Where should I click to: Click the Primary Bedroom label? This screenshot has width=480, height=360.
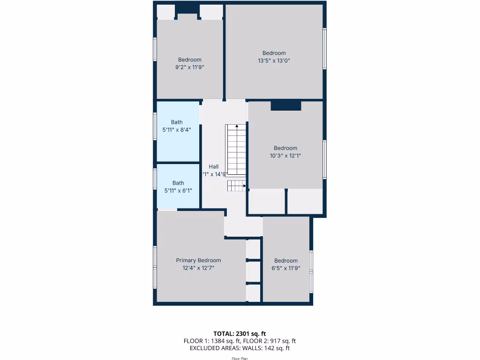[198, 261]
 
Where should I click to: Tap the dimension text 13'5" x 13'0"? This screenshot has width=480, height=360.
[274, 60]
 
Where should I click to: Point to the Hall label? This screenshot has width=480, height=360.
[214, 166]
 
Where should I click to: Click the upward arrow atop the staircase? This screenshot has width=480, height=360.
[237, 126]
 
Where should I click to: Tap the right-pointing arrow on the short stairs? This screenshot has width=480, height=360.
[244, 186]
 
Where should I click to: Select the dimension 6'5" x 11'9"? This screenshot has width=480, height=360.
[286, 269]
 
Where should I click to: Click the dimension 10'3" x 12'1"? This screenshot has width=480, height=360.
[285, 156]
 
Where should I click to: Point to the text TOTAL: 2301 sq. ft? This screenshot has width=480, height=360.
[240, 334]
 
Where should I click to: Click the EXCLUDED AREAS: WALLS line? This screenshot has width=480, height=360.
[240, 348]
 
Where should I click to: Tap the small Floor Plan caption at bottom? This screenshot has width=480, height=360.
[240, 359]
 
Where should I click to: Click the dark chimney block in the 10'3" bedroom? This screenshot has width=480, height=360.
[285, 105]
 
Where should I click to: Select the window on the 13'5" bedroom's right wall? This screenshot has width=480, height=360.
[324, 49]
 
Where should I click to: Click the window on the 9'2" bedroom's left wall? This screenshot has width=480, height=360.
[155, 49]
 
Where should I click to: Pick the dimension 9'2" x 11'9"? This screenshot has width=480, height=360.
[189, 67]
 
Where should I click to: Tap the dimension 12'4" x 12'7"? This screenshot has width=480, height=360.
[198, 268]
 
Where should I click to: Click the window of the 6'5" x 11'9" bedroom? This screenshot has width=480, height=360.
[311, 272]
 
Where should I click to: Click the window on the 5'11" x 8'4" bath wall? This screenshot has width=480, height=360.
[155, 126]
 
